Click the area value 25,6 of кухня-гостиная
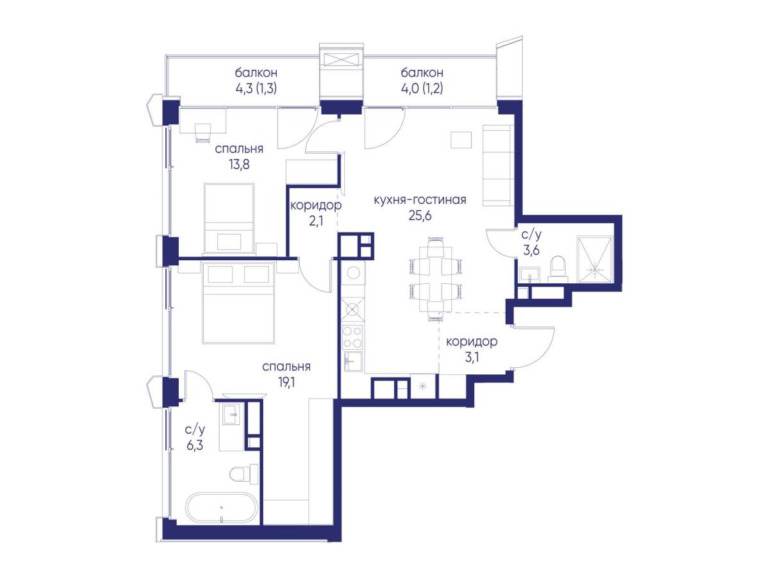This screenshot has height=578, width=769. click(420, 216)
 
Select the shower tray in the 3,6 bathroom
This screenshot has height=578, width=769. click(594, 260)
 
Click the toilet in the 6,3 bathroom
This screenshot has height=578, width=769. click(244, 474)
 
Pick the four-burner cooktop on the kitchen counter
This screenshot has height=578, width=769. click(352, 337)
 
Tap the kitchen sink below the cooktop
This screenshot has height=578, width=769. click(353, 361)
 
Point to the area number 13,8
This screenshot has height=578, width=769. click(239, 164)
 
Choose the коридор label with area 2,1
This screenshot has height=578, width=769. click(316, 206)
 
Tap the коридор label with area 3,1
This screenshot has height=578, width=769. click(472, 342)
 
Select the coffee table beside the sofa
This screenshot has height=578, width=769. click(461, 140)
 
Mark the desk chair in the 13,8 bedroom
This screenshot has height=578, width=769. click(203, 133)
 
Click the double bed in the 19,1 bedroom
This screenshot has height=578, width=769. click(238, 303)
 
